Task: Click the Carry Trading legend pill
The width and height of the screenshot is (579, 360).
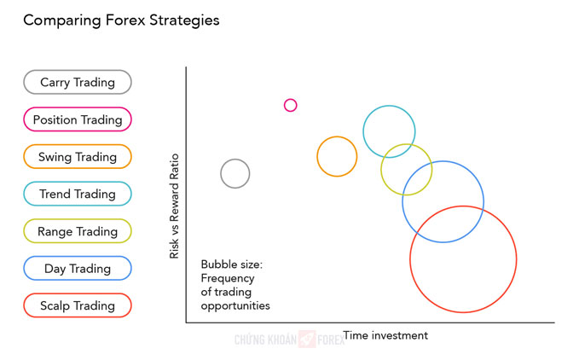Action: [78, 82]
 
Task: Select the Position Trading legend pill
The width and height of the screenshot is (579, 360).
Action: [78, 119]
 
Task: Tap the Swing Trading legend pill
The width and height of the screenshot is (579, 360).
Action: [78, 157]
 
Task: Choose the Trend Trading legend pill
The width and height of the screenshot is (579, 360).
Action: [78, 194]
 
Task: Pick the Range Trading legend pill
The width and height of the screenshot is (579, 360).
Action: [78, 231]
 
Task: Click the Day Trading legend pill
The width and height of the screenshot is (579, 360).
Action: [78, 269]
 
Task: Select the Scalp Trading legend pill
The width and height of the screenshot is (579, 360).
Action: [78, 305]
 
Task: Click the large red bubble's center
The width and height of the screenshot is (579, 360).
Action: [463, 259]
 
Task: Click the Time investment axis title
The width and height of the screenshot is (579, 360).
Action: [385, 335]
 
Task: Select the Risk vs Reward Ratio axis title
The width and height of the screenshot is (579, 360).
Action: [174, 206]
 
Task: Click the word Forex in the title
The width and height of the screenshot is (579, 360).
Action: [125, 20]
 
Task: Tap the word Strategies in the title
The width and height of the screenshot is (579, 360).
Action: [184, 20]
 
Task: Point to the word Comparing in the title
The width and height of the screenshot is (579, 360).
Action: [62, 20]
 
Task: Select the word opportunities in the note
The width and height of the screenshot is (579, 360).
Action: [235, 306]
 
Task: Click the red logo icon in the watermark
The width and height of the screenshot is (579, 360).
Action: [307, 340]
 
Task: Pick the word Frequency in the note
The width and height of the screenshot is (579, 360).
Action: [228, 278]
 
